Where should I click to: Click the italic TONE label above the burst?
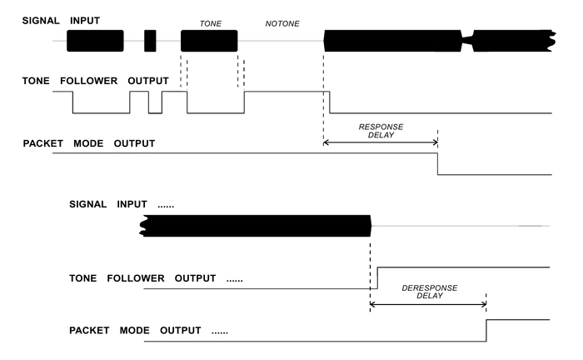[210, 25]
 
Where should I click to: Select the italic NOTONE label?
[282, 25]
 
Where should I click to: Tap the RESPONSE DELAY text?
[381, 131]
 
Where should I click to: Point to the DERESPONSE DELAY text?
[430, 291]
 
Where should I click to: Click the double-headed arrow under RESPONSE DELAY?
[381, 144]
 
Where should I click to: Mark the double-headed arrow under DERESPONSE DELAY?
[427, 304]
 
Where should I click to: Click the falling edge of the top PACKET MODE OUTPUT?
[438, 163]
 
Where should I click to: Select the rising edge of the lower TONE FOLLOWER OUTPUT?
[378, 277]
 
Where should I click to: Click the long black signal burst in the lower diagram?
[257, 225]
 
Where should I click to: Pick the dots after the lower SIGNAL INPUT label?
[164, 204]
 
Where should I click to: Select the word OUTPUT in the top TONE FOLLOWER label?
[148, 81]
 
